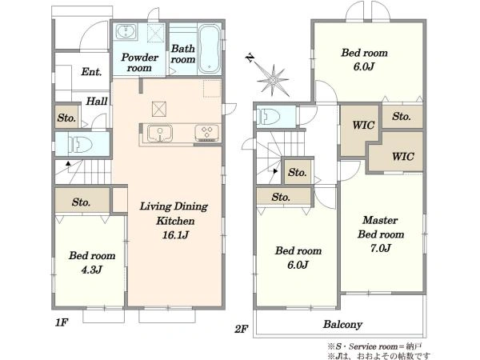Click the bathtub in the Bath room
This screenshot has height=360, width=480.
click(209, 49)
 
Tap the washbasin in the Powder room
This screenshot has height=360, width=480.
click(126, 31)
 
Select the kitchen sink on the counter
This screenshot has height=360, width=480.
click(160, 133)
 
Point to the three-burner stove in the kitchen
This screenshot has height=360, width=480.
click(207, 133)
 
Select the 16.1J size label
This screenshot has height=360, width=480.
click(175, 235)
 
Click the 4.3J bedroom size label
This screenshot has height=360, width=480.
click(91, 270)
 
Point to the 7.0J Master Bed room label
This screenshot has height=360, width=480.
click(381, 248)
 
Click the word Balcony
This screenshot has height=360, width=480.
click(342, 325)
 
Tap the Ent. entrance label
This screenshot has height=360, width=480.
click(91, 72)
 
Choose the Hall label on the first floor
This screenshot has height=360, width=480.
click(97, 101)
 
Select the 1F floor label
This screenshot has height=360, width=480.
click(62, 322)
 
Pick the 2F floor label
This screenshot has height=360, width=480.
click(241, 329)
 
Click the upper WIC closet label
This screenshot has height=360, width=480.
click(363, 125)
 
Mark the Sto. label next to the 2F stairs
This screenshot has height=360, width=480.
click(298, 172)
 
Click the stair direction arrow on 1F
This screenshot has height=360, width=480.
click(68, 164)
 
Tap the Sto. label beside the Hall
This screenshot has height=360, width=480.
click(66, 118)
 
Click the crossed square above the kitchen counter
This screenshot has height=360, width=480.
click(159, 110)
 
